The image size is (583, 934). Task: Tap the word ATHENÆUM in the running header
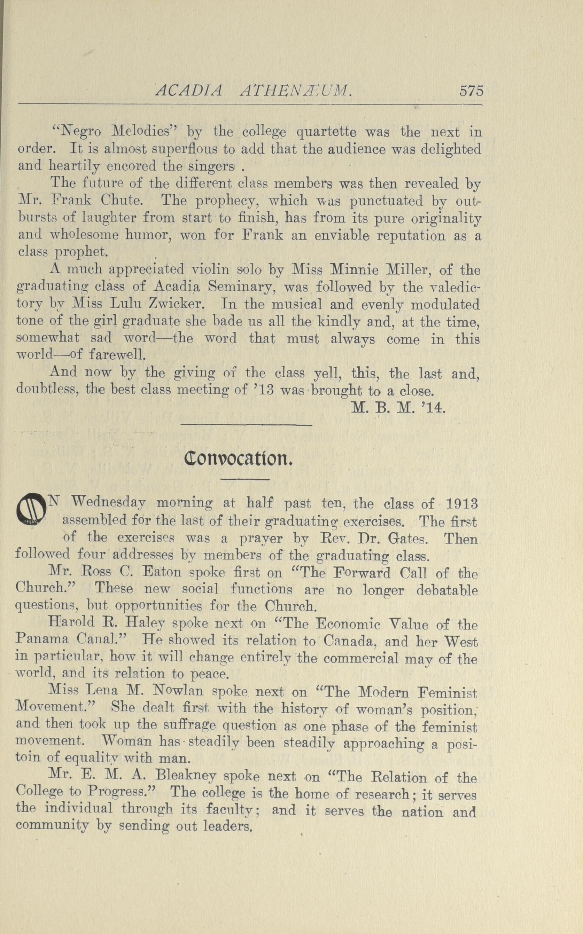(x=295, y=91)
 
